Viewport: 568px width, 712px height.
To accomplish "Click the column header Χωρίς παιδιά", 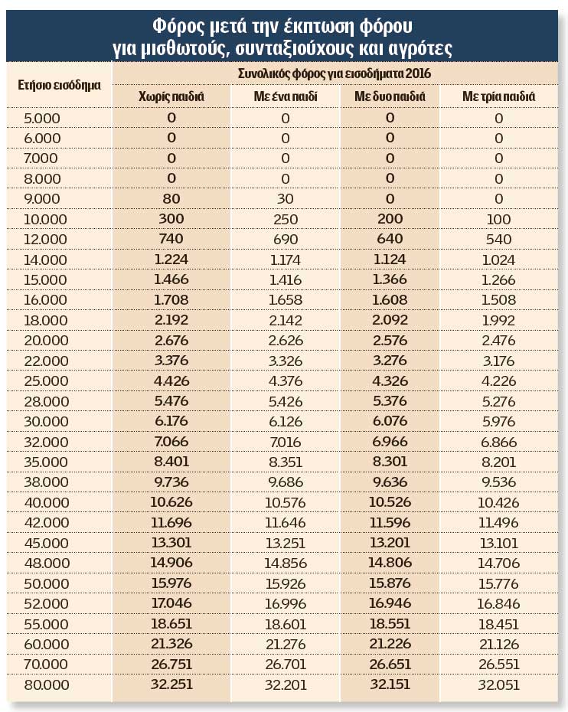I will pyautogui.click(x=171, y=97).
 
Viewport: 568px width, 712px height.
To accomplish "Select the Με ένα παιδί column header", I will pyautogui.click(x=285, y=97).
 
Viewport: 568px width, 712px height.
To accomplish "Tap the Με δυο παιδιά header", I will pyautogui.click(x=390, y=97).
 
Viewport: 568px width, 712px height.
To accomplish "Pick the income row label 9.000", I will pyautogui.click(x=42, y=198).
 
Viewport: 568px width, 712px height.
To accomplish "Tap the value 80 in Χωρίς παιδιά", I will pyautogui.click(x=171, y=198).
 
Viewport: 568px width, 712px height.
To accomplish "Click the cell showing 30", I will pyautogui.click(x=285, y=198).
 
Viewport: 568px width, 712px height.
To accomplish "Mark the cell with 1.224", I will pyautogui.click(x=171, y=259).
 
